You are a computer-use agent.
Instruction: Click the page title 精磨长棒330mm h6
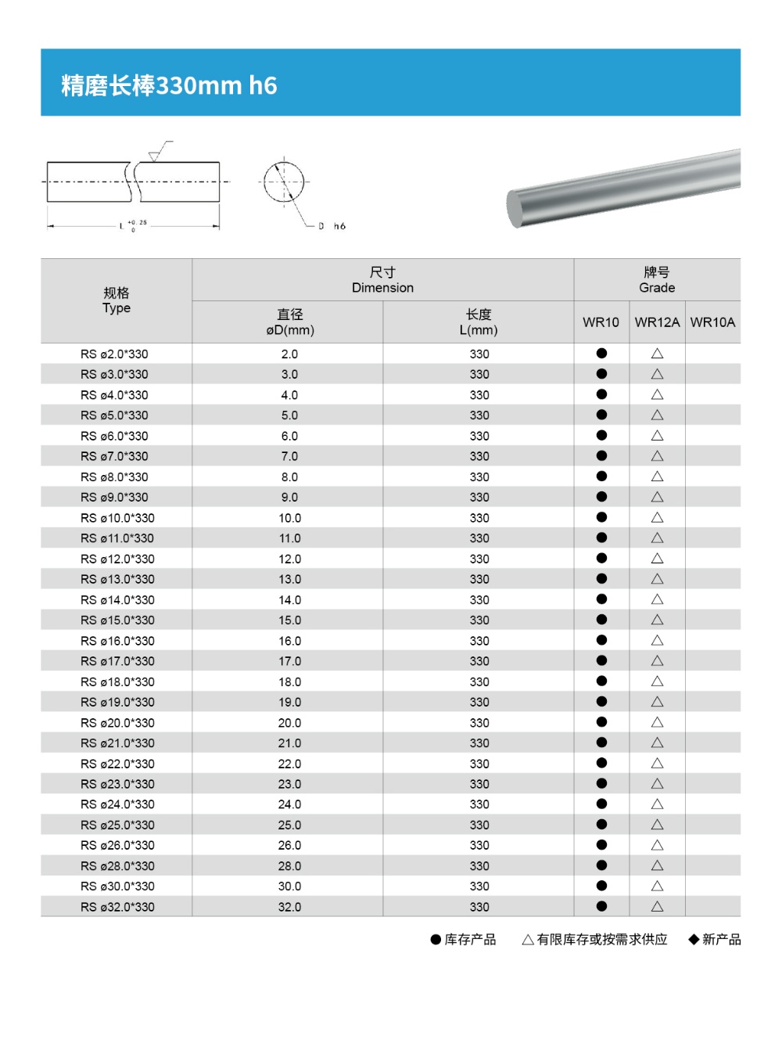click(x=169, y=85)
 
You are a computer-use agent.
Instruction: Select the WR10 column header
click(x=601, y=322)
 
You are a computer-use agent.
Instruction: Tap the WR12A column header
click(x=657, y=322)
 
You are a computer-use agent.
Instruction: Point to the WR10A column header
click(x=712, y=322)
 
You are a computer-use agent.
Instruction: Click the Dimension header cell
click(x=382, y=280)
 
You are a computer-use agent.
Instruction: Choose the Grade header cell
click(x=657, y=280)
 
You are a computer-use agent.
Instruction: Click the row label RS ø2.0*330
click(x=114, y=354)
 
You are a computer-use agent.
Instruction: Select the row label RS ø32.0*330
click(x=117, y=907)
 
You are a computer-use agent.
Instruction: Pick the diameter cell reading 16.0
click(x=289, y=641)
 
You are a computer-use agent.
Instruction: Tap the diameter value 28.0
click(x=289, y=866)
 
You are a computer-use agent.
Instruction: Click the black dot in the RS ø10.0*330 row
click(x=601, y=517)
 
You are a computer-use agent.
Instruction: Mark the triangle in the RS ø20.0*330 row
click(x=657, y=722)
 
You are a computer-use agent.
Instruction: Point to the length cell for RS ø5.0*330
click(x=479, y=415)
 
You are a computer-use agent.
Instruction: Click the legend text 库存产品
click(x=470, y=940)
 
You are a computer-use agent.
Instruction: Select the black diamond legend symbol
click(x=694, y=940)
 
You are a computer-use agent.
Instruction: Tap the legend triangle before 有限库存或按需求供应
click(x=528, y=940)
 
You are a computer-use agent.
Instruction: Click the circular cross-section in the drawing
click(x=283, y=182)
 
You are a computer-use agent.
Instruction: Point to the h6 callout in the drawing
click(x=339, y=226)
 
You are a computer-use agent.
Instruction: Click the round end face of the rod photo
click(x=515, y=209)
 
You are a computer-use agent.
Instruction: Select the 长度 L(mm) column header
click(x=479, y=322)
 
